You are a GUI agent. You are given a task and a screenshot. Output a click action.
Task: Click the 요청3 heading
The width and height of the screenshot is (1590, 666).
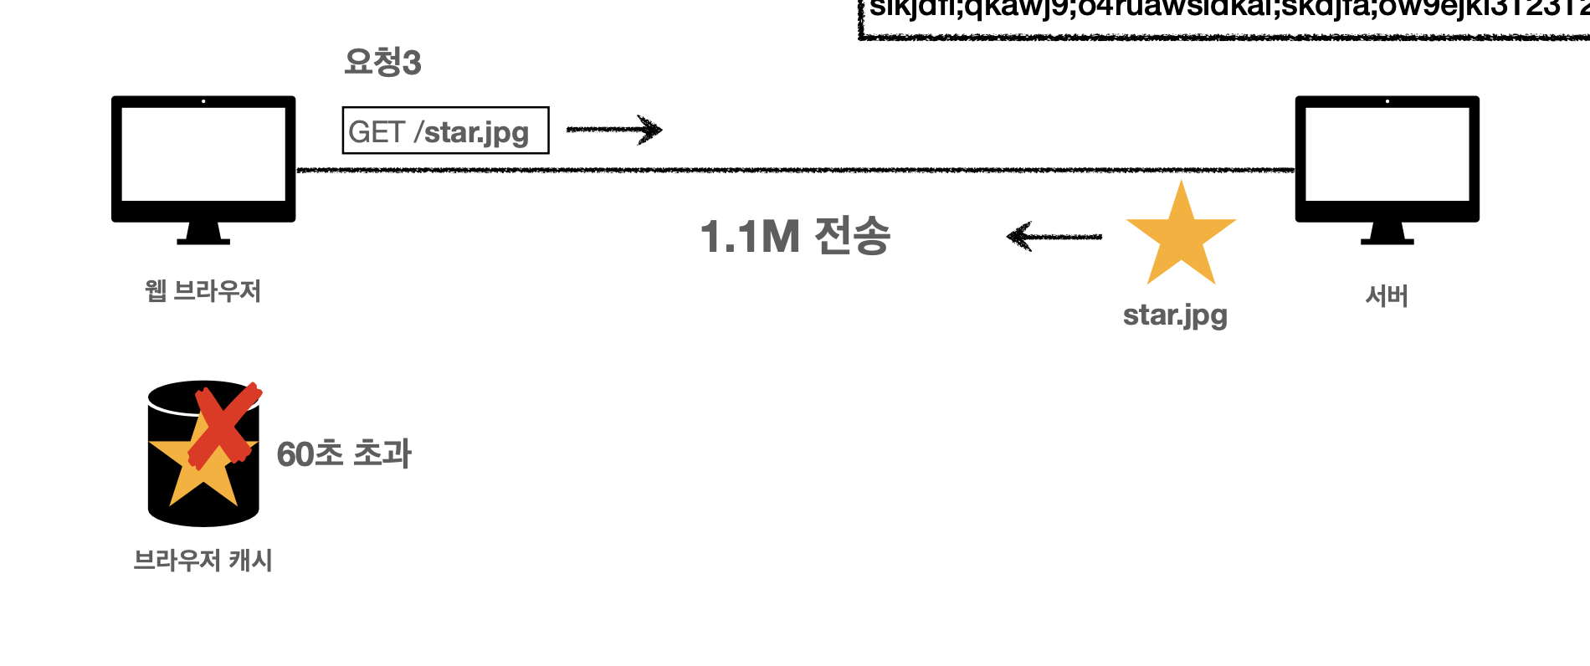pos(382,62)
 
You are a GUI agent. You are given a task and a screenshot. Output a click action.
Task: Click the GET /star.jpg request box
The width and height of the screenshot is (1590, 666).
pos(445,131)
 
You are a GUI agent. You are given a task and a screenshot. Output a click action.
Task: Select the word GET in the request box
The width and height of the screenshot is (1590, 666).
pos(377,132)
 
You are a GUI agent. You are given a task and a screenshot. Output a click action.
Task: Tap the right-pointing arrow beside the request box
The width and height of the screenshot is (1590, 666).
pos(614,130)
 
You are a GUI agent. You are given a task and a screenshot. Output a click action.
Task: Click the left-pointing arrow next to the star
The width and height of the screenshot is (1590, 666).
pos(1054,237)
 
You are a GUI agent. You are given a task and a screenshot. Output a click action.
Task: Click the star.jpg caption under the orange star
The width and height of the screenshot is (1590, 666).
pos(1175,315)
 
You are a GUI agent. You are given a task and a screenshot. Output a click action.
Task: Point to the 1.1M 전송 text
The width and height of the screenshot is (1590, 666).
pos(795,236)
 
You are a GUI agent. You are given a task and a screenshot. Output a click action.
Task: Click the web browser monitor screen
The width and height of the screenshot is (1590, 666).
pos(203,153)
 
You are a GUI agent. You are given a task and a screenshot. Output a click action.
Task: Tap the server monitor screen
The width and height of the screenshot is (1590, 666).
pos(1387,153)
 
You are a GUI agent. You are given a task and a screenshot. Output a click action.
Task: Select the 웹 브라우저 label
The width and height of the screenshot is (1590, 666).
pos(203,291)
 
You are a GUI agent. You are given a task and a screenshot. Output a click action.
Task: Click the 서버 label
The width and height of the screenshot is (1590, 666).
pos(1387,295)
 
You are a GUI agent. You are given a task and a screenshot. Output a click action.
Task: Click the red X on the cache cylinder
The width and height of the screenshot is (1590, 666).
pos(223,425)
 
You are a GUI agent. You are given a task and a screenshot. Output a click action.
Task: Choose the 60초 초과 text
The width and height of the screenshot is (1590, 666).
pos(344,454)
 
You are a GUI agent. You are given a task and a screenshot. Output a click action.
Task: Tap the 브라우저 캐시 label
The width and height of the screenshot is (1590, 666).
pos(203,560)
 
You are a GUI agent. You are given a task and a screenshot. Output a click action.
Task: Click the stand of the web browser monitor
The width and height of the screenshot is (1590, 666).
pos(203,233)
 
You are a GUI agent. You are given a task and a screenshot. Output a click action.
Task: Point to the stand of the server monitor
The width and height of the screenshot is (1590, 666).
pos(1387,233)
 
